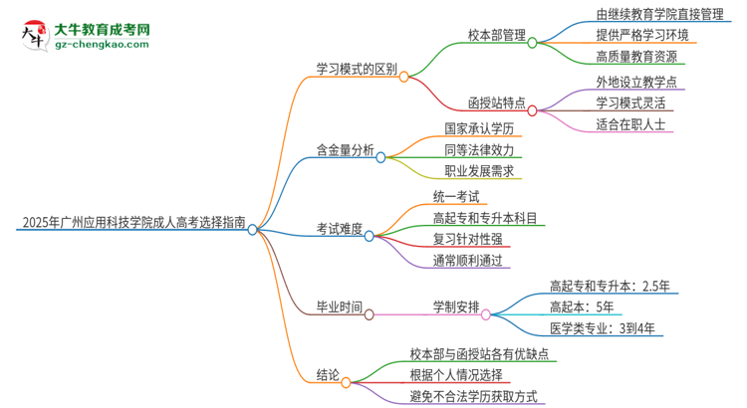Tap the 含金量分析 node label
tap(345, 151)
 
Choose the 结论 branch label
tap(328, 375)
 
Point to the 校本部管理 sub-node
tap(496, 34)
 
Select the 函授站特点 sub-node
tap(497, 102)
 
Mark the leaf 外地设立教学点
tap(635, 81)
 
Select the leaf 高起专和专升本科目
tap(485, 217)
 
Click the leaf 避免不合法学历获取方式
tap(473, 395)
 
